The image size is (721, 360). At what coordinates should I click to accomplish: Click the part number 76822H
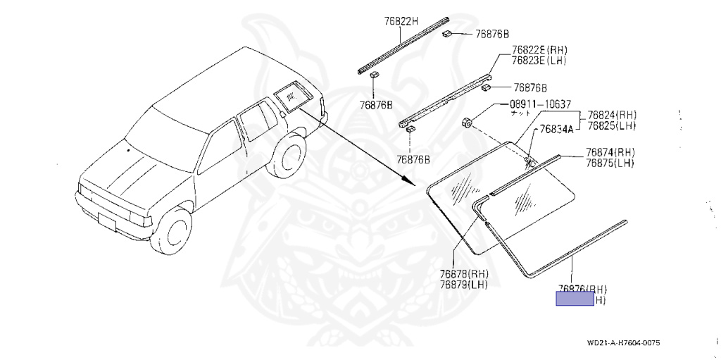coord(401,21)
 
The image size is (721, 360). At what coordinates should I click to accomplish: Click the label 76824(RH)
coord(612,116)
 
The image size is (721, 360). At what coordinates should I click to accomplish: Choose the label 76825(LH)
coord(612,125)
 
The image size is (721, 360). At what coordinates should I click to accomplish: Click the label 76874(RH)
coord(610,153)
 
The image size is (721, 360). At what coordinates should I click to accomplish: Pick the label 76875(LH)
coord(610,163)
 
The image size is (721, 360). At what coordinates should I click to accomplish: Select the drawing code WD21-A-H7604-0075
coord(623,344)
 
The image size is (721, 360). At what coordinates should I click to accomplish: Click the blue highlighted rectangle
coord(575,299)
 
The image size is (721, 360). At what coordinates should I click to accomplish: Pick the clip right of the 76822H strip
coord(447,34)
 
